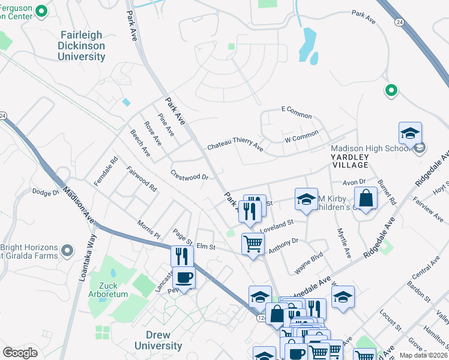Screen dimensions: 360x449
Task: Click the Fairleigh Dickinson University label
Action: point(82,46)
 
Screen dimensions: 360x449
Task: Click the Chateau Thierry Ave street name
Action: point(235,146)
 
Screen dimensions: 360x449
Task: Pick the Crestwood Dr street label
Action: point(189,177)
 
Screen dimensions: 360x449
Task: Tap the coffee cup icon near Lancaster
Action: point(184,278)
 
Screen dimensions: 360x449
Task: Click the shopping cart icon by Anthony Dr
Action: point(253,244)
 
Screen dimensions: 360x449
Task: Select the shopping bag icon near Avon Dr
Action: point(365,197)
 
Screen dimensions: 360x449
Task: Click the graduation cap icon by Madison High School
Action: point(410,133)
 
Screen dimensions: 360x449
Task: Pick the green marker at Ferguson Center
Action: point(41,11)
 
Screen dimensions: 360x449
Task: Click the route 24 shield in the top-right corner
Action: point(399,22)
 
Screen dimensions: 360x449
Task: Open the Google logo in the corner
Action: point(20,353)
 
